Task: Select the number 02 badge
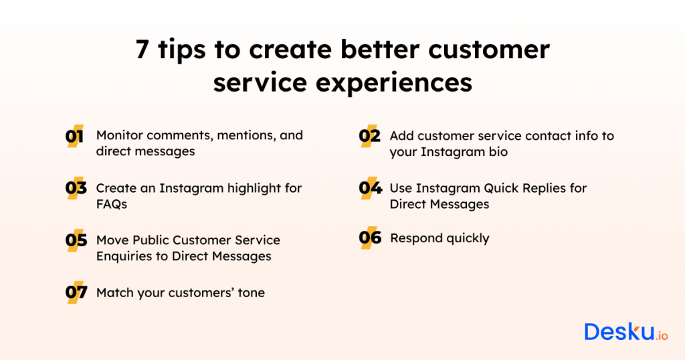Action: [369, 136]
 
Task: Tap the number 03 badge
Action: [76, 189]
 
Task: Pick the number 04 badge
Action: [369, 189]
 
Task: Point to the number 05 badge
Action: [76, 240]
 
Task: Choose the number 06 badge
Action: [369, 238]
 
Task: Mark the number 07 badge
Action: [76, 292]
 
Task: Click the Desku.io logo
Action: [625, 333]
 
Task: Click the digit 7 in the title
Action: [142, 51]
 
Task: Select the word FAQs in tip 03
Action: [111, 204]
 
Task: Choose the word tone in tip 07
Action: [251, 292]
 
